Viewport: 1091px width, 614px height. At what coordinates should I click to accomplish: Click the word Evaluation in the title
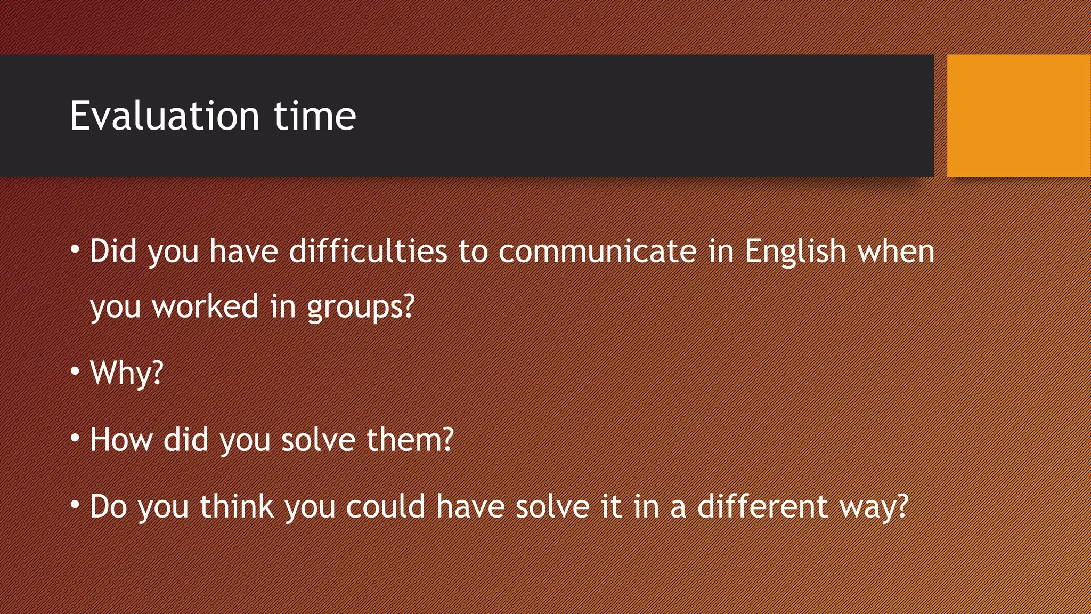(165, 116)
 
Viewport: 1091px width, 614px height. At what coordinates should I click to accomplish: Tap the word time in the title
(315, 116)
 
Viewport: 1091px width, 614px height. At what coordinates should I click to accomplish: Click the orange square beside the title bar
(1019, 116)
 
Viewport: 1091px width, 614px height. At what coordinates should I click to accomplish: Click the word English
(795, 253)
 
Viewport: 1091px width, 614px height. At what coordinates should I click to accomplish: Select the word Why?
(127, 373)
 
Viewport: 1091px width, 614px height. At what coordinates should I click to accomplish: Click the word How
(121, 440)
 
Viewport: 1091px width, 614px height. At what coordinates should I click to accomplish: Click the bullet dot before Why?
(75, 370)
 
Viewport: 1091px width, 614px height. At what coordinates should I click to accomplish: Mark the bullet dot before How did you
(75, 438)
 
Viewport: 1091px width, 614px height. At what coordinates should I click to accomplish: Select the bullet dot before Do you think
(75, 504)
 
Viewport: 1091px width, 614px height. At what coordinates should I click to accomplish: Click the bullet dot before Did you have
(75, 249)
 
